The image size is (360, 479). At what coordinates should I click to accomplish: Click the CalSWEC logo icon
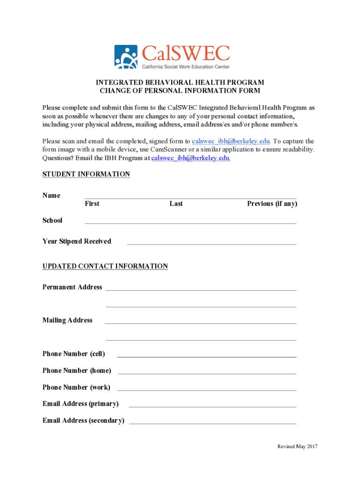tap(126, 57)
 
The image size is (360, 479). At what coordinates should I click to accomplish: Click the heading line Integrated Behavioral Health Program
tap(180, 83)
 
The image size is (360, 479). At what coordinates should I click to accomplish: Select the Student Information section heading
tap(86, 174)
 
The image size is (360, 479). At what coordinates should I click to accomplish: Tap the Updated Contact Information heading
tap(105, 266)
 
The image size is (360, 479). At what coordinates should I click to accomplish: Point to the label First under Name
tap(92, 203)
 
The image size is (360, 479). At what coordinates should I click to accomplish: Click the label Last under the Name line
tap(176, 203)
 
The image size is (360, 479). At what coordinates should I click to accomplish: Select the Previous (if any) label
tap(272, 203)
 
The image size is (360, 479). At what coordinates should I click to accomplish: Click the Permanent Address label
tap(72, 287)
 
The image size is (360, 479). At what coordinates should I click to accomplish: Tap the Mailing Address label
tap(67, 320)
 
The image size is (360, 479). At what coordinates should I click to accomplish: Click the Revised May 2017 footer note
tap(297, 446)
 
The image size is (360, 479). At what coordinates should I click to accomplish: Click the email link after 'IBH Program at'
tap(191, 158)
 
